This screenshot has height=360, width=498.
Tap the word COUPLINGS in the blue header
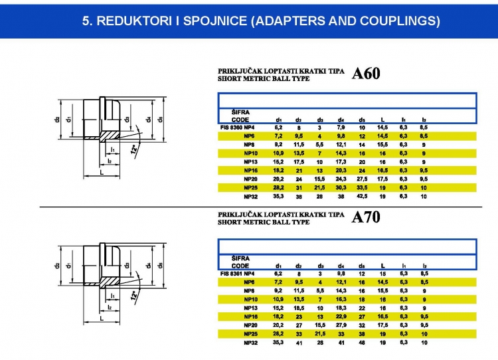401,21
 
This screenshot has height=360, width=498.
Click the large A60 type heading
366,74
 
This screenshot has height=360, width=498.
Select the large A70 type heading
366,218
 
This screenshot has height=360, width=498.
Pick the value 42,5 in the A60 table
362,197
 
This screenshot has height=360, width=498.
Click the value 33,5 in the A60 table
362,188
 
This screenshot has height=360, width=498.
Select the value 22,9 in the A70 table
341,317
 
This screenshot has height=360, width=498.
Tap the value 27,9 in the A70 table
341,325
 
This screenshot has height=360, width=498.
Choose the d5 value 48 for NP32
362,343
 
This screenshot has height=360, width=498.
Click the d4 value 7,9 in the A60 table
341,127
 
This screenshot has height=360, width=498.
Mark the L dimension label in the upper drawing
100,172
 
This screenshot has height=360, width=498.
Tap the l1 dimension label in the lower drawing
113,296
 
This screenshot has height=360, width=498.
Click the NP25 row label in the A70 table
250,334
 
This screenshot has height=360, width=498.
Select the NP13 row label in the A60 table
250,161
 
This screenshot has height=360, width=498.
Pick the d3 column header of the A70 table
320,266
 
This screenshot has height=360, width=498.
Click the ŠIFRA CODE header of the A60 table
240,116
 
